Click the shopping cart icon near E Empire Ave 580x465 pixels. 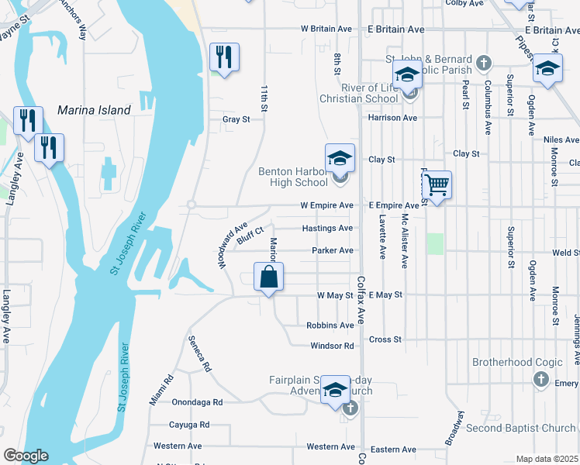click(437, 185)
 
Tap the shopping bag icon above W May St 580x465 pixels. click(268, 277)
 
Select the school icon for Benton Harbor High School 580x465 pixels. click(339, 159)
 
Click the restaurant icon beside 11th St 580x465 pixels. click(224, 57)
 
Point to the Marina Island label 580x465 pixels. click(94, 111)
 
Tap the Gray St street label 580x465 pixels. click(236, 119)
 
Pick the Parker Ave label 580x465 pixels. click(333, 250)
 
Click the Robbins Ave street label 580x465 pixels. click(330, 325)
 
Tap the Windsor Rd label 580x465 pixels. click(332, 346)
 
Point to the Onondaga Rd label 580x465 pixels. click(197, 402)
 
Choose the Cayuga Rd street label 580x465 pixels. click(189, 425)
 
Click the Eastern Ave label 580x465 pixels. click(393, 449)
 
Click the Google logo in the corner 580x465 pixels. click(26, 456)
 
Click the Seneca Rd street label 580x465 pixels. click(199, 354)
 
